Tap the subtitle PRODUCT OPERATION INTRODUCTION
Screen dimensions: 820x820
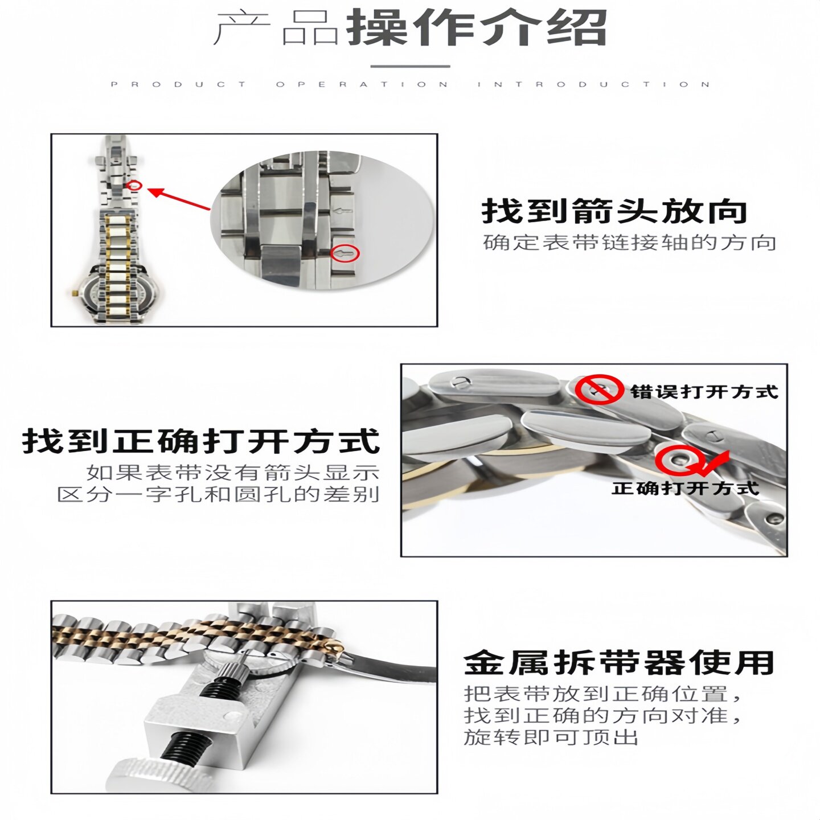[x=410, y=84]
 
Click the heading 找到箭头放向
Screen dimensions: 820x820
[x=614, y=211]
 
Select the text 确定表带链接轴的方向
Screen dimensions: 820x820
[x=630, y=243]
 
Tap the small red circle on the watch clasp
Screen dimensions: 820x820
[x=135, y=185]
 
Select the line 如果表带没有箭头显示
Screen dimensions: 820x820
[x=233, y=472]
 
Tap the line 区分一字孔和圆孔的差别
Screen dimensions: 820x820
[x=218, y=494]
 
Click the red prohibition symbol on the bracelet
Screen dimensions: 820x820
[x=598, y=390]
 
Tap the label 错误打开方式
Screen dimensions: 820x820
[x=704, y=392]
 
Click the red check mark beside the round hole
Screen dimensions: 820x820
[x=713, y=462]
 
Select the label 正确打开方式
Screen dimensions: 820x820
[x=686, y=488]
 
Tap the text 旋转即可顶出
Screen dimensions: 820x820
[x=551, y=737]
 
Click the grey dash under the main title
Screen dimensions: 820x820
[x=410, y=66]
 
